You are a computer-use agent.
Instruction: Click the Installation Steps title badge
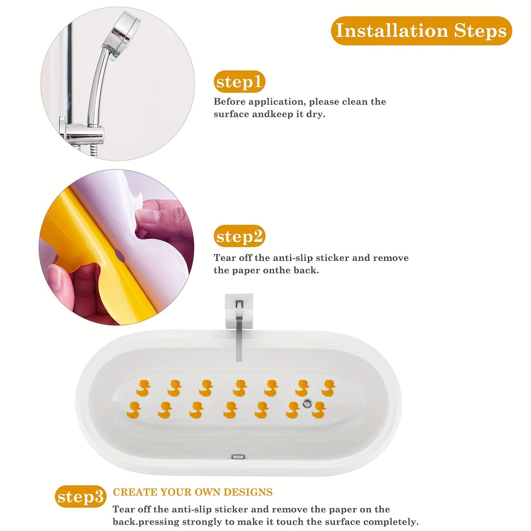421,30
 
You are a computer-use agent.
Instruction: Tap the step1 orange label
239,82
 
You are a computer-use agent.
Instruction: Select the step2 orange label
239,236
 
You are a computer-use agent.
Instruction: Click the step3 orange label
81,496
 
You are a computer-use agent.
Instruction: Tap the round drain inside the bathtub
307,402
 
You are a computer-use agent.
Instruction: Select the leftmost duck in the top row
143,388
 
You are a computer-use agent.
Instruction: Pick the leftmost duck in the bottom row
133,410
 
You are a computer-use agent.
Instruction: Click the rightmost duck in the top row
328,388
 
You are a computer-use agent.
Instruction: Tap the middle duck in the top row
240,388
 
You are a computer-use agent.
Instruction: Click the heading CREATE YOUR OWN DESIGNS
193,492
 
